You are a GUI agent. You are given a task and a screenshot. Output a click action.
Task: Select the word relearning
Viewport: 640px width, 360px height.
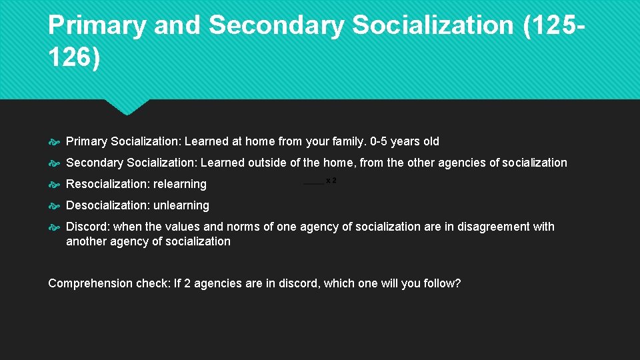point(179,184)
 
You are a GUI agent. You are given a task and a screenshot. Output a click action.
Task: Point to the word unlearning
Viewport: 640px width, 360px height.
point(181,205)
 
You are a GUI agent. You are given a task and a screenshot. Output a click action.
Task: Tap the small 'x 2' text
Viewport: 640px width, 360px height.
point(331,181)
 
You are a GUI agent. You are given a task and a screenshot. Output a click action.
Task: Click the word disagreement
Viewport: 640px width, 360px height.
point(491,227)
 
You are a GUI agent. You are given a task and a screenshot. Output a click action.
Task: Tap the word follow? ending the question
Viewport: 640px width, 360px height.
point(442,283)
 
